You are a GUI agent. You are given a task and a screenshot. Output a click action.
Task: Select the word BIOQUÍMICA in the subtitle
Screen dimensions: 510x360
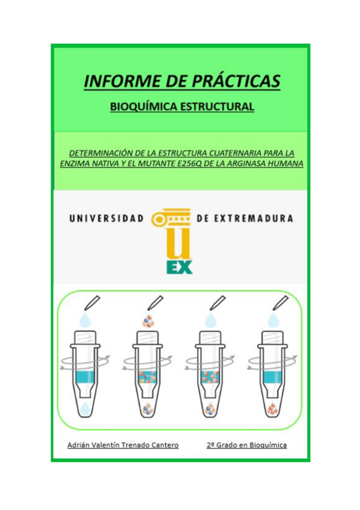141,107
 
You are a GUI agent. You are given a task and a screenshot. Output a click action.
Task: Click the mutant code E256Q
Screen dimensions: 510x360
186,164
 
